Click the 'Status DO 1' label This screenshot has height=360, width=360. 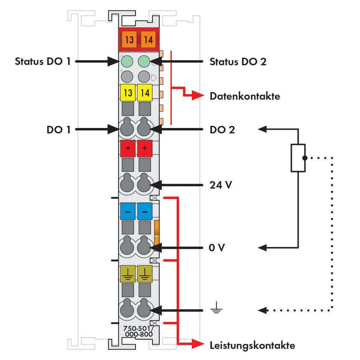42,61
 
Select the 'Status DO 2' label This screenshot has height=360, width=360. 238,61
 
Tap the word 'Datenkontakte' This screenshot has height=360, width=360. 245,96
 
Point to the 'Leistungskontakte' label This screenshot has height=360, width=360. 252,345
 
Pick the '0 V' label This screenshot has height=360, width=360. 217,248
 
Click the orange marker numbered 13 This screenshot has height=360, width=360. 129,39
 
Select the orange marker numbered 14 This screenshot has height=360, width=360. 148,39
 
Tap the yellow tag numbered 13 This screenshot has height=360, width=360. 128,93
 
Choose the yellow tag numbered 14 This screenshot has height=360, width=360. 145,93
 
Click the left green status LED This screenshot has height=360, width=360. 127,61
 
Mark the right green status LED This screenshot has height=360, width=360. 144,61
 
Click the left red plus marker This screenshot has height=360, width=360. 128,149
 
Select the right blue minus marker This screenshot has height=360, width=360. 145,212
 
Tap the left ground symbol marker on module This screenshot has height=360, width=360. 128,274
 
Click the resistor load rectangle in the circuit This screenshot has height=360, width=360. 298,158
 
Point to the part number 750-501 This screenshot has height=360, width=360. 137,328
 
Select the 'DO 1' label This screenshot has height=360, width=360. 58,130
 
